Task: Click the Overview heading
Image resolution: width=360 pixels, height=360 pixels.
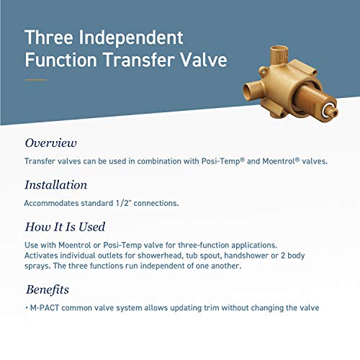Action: (51, 143)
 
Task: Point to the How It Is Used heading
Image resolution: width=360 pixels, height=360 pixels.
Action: (66, 228)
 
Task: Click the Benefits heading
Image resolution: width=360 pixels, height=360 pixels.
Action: (48, 290)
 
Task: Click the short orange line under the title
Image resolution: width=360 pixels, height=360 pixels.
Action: (35, 80)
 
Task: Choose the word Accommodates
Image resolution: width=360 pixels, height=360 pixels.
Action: (53, 203)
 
